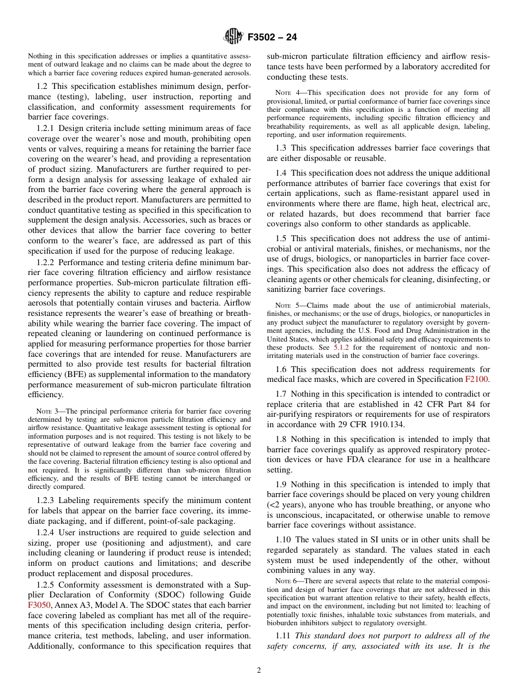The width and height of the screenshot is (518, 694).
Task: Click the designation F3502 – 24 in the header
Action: (272, 38)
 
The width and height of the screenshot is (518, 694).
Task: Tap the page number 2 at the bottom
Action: (259, 671)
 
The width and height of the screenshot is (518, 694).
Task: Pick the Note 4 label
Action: (286, 92)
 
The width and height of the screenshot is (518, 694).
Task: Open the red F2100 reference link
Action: (478, 379)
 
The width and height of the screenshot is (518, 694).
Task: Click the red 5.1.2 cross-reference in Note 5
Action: (341, 347)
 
